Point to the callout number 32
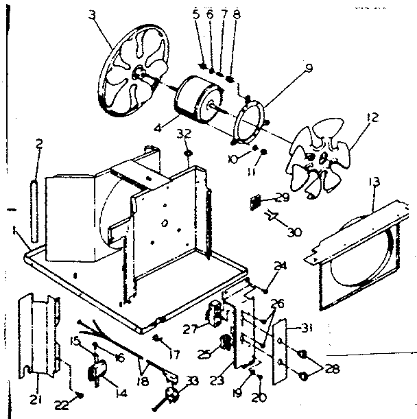coord(183,133)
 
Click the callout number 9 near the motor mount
coord(309,67)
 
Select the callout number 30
coord(294,232)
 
